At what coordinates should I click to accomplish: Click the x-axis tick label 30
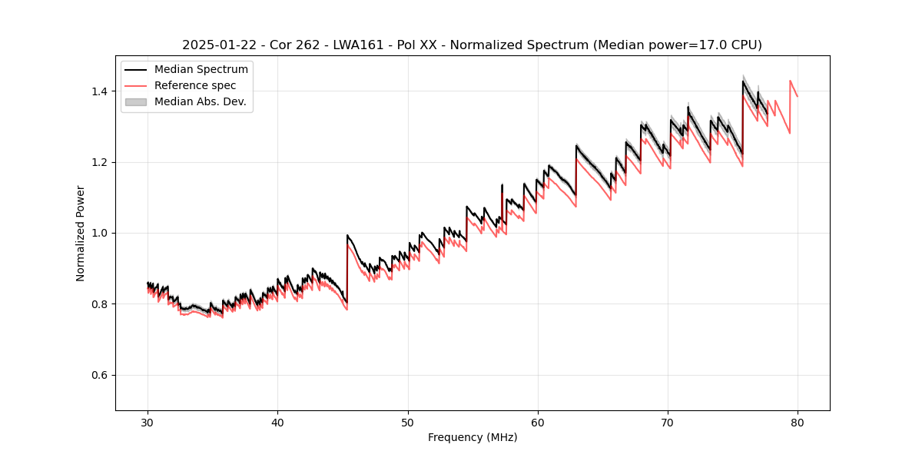click(148, 422)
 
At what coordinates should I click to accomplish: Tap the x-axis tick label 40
click(277, 422)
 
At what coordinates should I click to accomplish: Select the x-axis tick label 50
click(407, 422)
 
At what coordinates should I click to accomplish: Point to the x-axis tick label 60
click(537, 422)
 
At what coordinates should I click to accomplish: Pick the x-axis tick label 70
click(667, 422)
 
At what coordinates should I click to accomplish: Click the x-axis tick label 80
click(797, 422)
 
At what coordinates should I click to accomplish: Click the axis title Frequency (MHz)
click(473, 437)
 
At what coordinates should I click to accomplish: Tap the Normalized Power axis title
click(80, 233)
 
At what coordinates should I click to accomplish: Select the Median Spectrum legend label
click(201, 70)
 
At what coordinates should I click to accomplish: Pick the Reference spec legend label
click(195, 85)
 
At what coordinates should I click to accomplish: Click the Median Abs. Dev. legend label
click(200, 101)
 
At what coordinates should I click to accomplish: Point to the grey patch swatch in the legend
click(135, 101)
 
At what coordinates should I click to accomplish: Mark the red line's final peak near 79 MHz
click(790, 81)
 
